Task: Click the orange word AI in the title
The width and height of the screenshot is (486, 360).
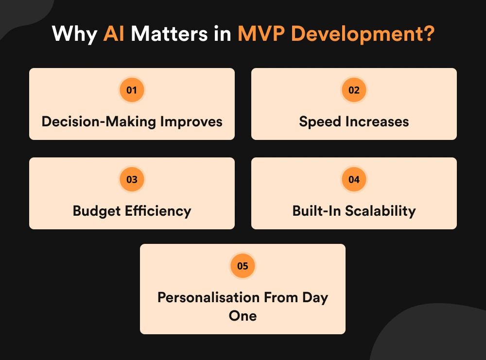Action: coord(113,35)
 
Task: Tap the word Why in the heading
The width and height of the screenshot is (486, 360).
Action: coord(74,35)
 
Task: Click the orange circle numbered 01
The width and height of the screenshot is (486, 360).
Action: coord(132,90)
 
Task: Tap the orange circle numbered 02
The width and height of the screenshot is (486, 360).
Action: coord(354,90)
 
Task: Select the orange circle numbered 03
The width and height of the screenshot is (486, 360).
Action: coord(132,179)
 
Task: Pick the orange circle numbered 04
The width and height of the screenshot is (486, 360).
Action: coord(354,179)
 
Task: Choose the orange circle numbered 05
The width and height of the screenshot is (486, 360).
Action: coord(243,266)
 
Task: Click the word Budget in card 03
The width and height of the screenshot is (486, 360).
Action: coord(95,211)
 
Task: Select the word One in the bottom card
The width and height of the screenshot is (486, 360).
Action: coord(243,316)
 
